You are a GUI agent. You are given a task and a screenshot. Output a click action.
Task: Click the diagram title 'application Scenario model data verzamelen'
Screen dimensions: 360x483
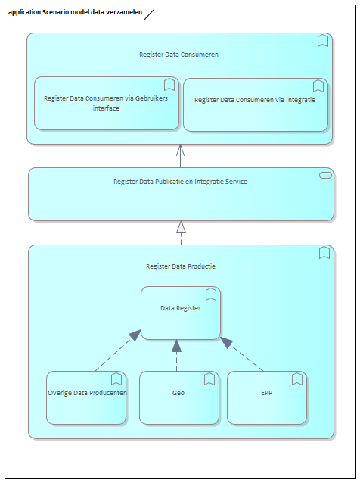click(x=75, y=12)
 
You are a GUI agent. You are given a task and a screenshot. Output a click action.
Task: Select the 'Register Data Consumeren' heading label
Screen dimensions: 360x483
click(x=178, y=55)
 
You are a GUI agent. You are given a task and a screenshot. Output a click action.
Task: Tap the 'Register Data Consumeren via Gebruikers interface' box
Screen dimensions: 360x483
click(x=107, y=103)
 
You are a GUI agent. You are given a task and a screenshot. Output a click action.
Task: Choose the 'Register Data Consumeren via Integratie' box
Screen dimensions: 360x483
click(x=256, y=104)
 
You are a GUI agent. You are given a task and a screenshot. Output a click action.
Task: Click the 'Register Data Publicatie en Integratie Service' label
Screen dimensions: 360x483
click(x=180, y=182)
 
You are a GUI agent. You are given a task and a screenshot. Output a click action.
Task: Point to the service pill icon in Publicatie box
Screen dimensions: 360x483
click(x=325, y=176)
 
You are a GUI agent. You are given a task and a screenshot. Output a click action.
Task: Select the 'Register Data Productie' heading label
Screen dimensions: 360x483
click(x=181, y=266)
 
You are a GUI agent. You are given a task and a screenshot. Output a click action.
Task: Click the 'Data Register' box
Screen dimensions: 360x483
click(x=181, y=313)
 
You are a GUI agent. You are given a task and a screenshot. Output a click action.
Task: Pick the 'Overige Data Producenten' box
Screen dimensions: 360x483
click(x=86, y=397)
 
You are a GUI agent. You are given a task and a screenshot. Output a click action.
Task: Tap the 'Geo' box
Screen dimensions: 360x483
click(x=179, y=397)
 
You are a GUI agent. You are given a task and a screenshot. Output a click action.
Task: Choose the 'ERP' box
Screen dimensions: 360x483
click(x=267, y=397)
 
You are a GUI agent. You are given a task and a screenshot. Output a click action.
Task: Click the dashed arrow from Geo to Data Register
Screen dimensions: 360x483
click(x=177, y=356)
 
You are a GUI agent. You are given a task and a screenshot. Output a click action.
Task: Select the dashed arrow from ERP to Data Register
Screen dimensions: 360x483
click(x=242, y=354)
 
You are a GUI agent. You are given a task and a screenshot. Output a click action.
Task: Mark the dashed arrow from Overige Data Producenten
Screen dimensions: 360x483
click(x=118, y=351)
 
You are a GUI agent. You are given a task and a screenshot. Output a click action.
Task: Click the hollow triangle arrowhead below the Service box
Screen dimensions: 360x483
click(x=181, y=226)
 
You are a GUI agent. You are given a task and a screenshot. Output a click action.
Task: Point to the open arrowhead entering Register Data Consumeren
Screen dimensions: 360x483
click(x=180, y=150)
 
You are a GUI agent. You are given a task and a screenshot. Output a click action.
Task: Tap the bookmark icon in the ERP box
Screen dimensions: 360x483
click(x=297, y=379)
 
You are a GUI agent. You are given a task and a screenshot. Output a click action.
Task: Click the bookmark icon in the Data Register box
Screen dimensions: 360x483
click(x=211, y=294)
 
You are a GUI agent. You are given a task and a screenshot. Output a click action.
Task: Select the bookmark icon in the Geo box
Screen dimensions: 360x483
click(x=209, y=379)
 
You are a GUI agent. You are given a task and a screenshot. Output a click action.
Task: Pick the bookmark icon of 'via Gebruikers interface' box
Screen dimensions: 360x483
click(x=169, y=85)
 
